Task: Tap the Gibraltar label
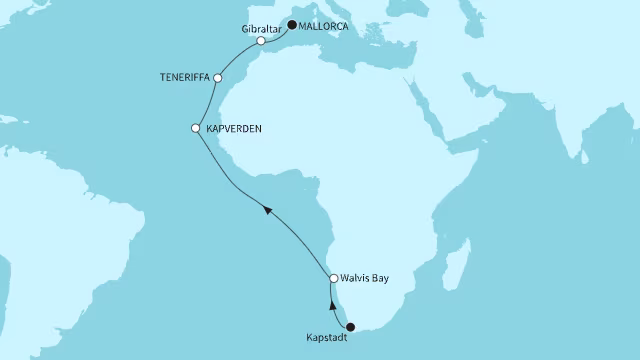tap(261, 29)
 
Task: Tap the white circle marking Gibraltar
tap(261, 42)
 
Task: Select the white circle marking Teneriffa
tap(219, 77)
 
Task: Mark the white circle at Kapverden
tap(196, 128)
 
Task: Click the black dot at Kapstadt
tap(349, 325)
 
